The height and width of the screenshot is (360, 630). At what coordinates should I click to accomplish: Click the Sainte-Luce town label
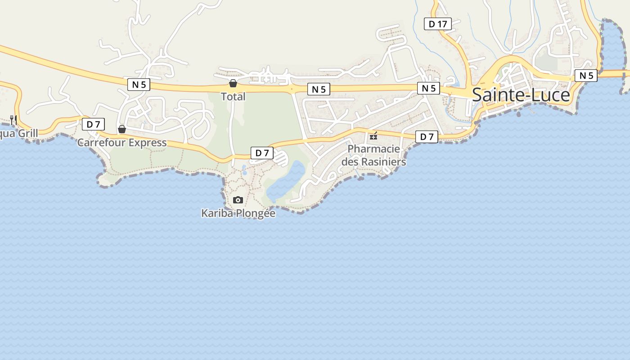tap(521, 95)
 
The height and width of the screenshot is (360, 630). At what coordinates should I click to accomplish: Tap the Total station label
tap(233, 96)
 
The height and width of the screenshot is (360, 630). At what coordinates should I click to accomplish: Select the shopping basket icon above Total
tap(233, 83)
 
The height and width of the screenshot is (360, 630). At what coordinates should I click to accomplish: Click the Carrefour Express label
tap(122, 143)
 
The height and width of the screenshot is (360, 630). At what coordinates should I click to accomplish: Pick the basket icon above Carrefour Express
tap(121, 130)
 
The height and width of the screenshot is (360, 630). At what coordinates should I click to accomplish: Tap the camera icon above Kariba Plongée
tap(238, 200)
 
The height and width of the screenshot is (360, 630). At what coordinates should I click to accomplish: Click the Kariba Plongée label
tap(238, 213)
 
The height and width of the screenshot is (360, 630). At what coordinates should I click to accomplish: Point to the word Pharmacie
tap(373, 148)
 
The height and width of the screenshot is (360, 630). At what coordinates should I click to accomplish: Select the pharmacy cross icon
tap(373, 136)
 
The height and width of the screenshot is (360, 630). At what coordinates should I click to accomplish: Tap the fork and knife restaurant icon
tap(13, 120)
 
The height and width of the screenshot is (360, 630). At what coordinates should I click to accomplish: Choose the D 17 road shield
tap(437, 24)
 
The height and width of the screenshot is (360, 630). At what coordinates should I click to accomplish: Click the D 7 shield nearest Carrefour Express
tap(93, 124)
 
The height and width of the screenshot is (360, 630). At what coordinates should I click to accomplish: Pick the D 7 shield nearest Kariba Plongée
tap(262, 153)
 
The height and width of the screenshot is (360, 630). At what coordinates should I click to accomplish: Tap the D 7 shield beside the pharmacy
tap(427, 137)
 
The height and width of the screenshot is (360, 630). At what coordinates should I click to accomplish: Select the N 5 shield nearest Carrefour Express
tap(139, 84)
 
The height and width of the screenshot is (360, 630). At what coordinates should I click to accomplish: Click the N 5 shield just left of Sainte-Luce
tap(428, 88)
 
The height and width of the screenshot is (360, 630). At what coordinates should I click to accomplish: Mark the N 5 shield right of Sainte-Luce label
tap(586, 76)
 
